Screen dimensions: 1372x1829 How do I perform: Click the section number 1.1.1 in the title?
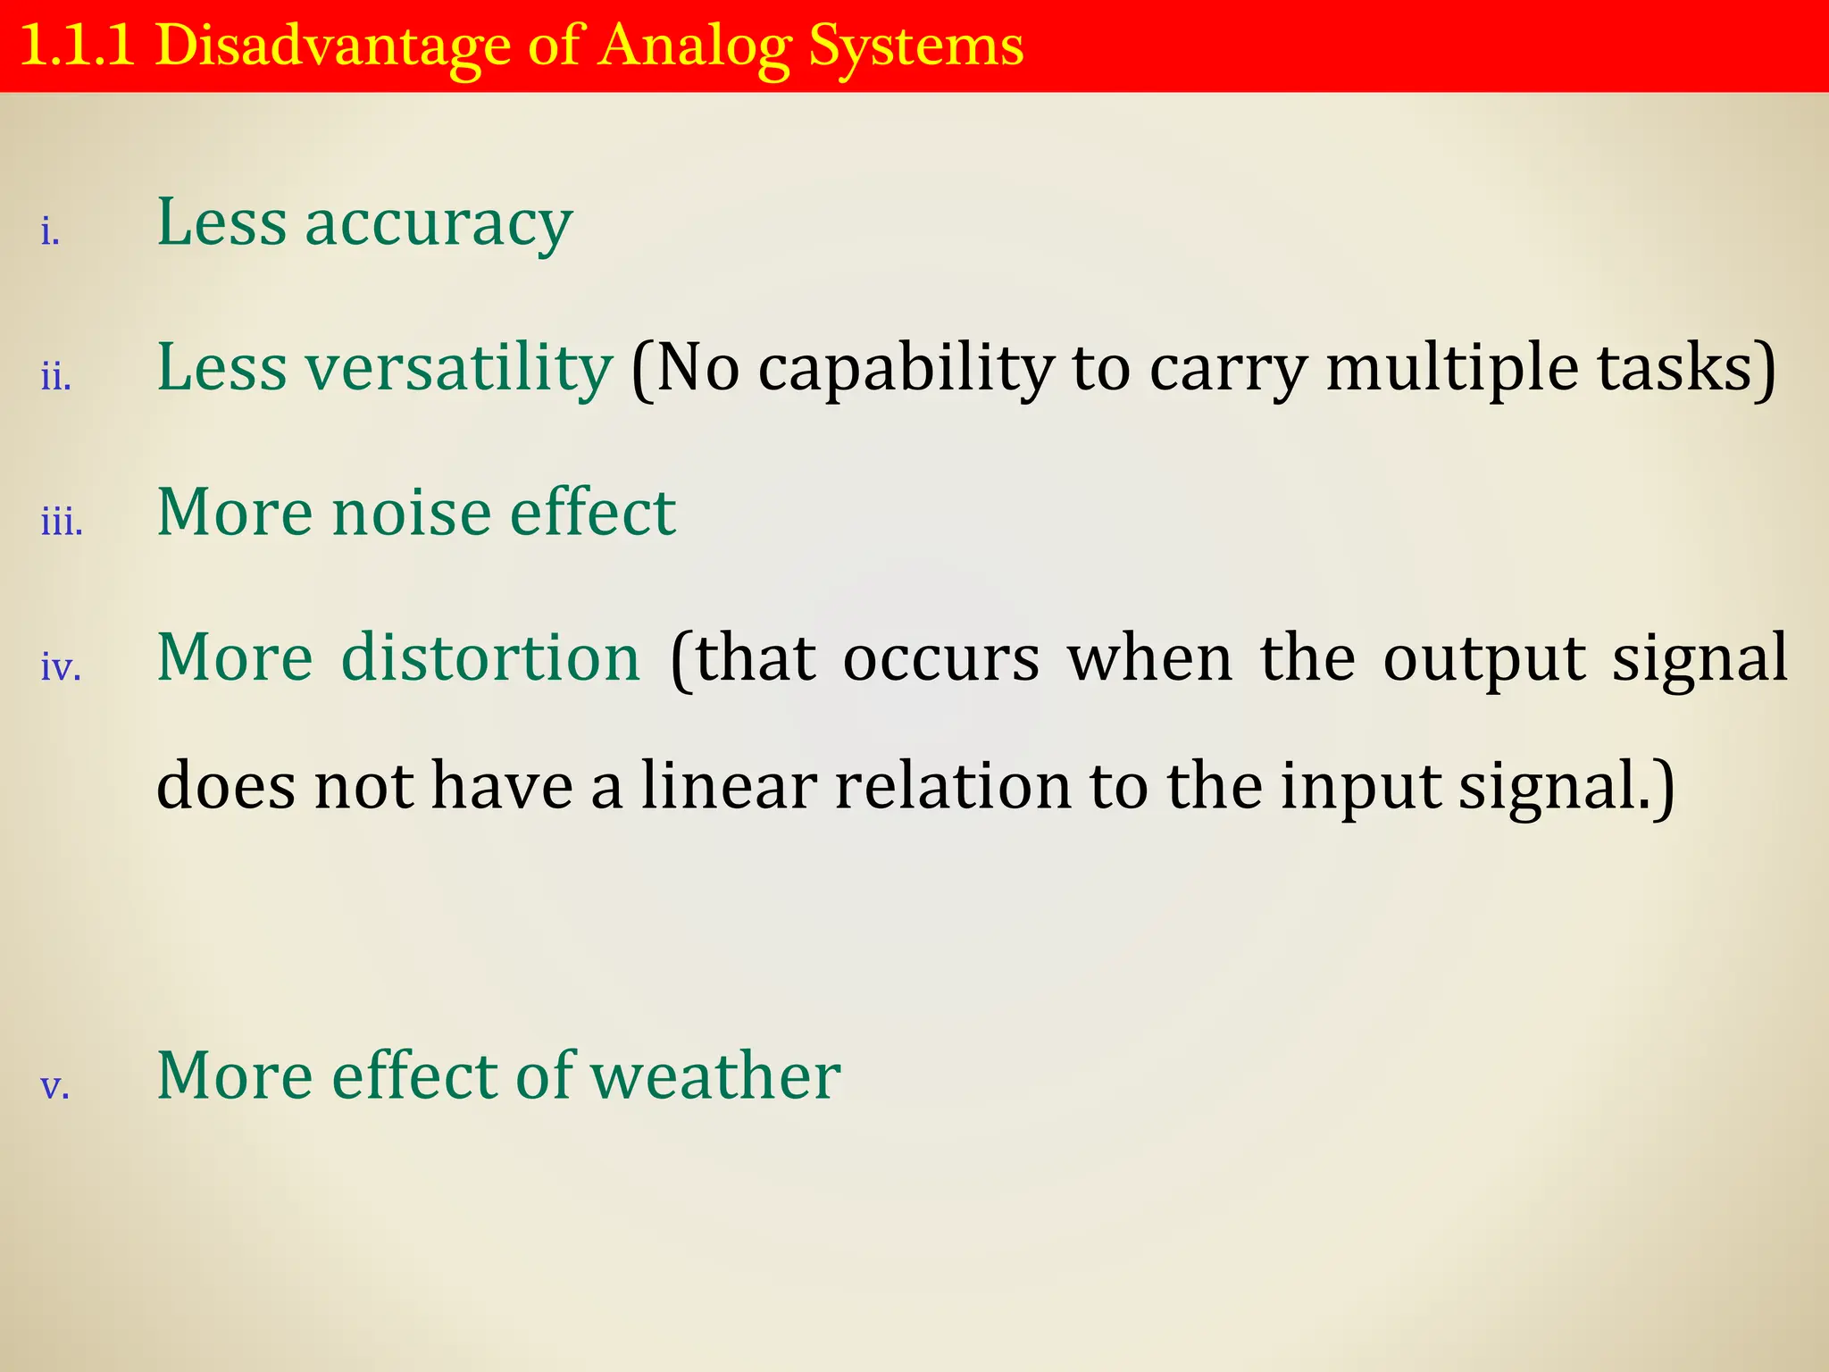(x=77, y=46)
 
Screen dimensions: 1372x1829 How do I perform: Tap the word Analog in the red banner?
(x=695, y=46)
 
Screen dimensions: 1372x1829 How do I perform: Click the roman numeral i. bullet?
(x=50, y=232)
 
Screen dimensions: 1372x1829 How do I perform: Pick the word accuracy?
(x=438, y=223)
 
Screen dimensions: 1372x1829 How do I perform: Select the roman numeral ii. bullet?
(x=55, y=377)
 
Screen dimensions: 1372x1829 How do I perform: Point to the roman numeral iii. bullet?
(x=62, y=522)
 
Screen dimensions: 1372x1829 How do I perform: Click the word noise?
(x=412, y=513)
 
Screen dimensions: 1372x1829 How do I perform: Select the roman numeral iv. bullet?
(x=61, y=667)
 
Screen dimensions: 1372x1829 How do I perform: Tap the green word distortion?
(x=491, y=658)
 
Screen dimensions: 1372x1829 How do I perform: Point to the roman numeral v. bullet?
(x=54, y=1087)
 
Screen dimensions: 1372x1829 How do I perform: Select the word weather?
(x=715, y=1075)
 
